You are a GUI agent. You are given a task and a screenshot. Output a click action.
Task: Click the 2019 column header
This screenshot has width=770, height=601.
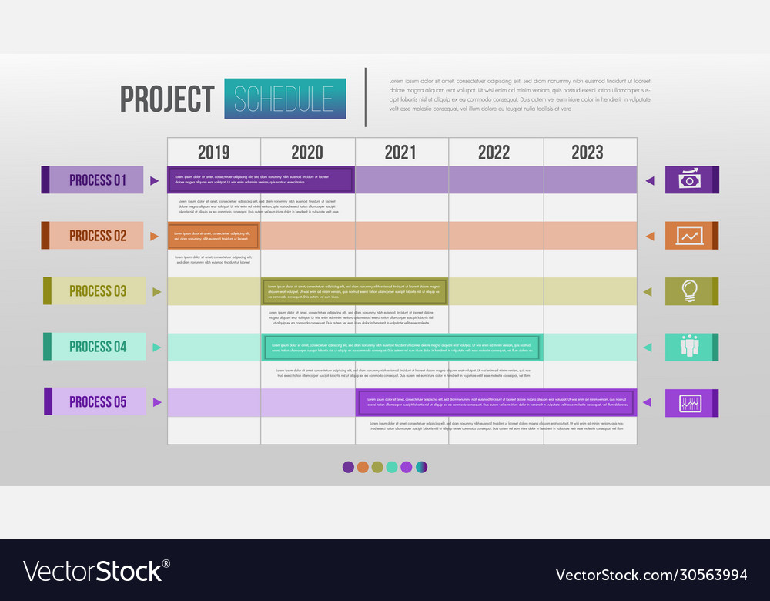[x=213, y=152]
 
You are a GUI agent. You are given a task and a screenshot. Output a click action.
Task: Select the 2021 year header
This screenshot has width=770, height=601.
[x=400, y=152]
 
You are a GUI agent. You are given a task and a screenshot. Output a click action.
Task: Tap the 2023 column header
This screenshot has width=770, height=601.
[x=588, y=152]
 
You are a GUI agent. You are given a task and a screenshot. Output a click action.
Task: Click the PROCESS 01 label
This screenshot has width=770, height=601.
[x=97, y=180]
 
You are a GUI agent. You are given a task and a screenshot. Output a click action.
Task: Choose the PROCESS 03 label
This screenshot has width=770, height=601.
[x=98, y=291]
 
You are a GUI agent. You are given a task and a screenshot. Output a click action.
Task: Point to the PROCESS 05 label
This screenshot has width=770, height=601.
[x=98, y=402]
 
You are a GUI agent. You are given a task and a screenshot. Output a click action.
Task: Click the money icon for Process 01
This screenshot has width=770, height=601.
[x=689, y=180]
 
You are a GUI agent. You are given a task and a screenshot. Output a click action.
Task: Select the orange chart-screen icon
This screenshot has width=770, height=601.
[x=689, y=236]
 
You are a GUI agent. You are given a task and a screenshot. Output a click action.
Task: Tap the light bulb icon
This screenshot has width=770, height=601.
[x=689, y=291]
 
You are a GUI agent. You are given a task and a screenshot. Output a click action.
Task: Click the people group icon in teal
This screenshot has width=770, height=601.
[x=689, y=347]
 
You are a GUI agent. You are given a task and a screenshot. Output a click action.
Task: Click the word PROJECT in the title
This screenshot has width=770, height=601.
[x=167, y=99]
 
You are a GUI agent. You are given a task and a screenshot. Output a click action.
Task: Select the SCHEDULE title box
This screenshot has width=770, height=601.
[x=285, y=99]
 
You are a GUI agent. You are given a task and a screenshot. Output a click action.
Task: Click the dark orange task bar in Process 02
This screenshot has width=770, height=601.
[x=214, y=237]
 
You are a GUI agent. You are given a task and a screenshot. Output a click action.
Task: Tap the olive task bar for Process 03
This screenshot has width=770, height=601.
[x=355, y=291]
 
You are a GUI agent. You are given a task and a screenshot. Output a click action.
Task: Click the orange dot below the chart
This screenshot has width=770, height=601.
[x=363, y=467]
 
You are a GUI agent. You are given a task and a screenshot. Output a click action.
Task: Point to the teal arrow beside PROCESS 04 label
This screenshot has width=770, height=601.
[x=157, y=348]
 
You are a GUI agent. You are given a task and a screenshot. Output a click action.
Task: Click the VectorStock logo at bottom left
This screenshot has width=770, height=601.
[x=96, y=571]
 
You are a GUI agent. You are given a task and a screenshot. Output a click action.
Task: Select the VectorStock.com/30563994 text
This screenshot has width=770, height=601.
[x=651, y=575]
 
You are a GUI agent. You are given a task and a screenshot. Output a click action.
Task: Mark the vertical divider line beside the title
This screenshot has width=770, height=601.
[x=366, y=97]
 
